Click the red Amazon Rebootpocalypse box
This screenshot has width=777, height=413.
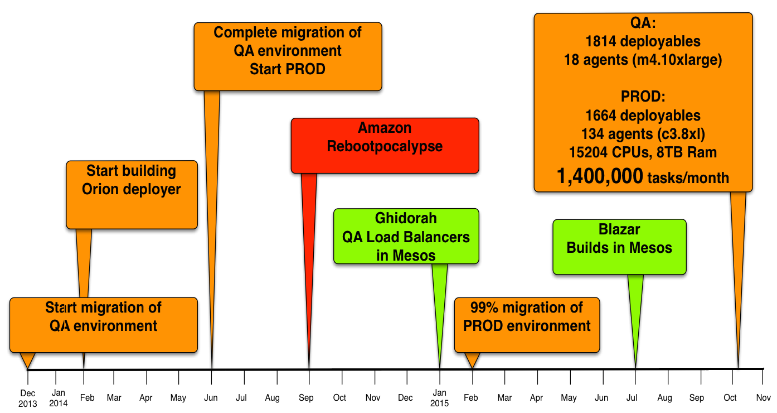click(385, 145)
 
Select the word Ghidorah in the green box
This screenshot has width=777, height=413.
click(406, 218)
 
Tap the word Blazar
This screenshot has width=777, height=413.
click(619, 229)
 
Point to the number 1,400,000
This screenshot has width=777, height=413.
click(600, 176)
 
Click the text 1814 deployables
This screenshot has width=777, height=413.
click(643, 41)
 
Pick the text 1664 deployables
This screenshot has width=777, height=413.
click(643, 116)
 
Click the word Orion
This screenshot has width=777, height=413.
click(100, 189)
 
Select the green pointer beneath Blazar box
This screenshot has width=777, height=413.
click(635, 313)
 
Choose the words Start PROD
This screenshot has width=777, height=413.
click(287, 69)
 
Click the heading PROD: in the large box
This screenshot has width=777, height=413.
click(643, 97)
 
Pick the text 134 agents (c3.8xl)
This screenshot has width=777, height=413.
click(643, 134)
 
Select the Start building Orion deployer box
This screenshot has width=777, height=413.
click(132, 194)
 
